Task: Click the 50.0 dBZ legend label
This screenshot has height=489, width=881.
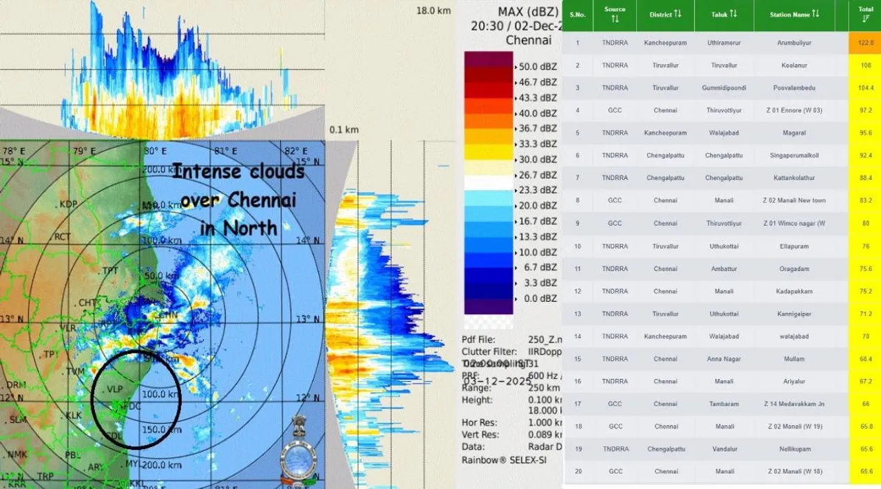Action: click(537, 67)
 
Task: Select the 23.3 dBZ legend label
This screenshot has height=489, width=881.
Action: click(537, 191)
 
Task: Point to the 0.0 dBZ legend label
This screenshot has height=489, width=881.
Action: click(537, 298)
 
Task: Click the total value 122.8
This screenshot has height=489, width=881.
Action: click(865, 43)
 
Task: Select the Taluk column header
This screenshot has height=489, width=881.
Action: click(723, 14)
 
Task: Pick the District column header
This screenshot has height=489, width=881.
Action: click(665, 14)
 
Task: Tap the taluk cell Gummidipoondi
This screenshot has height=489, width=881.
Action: click(723, 88)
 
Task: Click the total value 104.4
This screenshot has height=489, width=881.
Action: click(865, 88)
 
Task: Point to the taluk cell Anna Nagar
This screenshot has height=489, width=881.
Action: click(723, 359)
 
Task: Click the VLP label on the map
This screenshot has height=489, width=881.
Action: click(114, 389)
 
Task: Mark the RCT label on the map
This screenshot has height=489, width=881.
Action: click(63, 237)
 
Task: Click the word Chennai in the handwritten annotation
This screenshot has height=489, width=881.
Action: click(239, 201)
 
